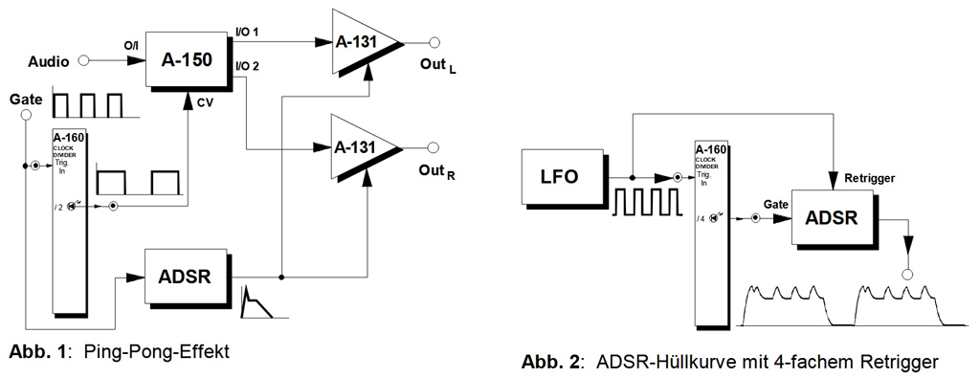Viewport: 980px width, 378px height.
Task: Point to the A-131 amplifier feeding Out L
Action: coord(362,44)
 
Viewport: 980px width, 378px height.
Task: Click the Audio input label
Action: coord(46,61)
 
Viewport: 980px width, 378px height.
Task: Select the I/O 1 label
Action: coord(248,33)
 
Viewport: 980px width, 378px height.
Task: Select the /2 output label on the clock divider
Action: coord(58,205)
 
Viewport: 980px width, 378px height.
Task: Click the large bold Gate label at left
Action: coord(25,99)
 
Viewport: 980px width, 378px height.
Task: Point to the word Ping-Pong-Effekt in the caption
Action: coord(159,350)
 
